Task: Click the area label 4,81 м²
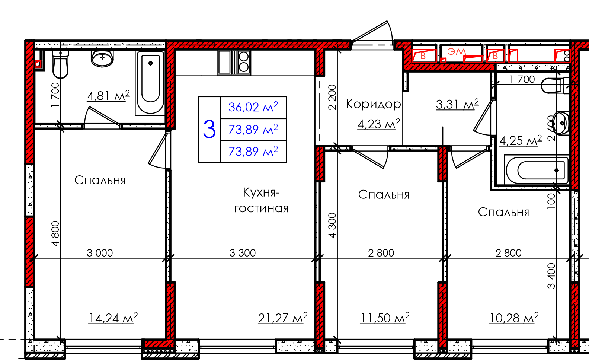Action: click(x=108, y=96)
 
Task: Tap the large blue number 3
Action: click(x=209, y=130)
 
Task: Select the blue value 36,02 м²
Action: click(x=253, y=107)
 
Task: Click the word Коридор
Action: click(x=373, y=104)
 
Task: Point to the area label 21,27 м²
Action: click(x=283, y=318)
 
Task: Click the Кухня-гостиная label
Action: click(x=261, y=200)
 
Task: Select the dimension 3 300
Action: click(x=243, y=253)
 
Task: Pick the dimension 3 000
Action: click(x=100, y=253)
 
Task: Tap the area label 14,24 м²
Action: click(x=113, y=318)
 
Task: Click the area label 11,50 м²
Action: click(x=385, y=318)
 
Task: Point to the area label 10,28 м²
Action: click(x=514, y=318)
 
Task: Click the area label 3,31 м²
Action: click(x=457, y=105)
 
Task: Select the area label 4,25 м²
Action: click(x=521, y=141)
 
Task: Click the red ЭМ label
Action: click(x=457, y=52)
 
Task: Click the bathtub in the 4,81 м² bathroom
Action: click(x=150, y=83)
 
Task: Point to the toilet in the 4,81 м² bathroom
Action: click(x=60, y=65)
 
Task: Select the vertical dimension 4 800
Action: click(x=55, y=233)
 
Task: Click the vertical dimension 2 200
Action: click(x=332, y=97)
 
